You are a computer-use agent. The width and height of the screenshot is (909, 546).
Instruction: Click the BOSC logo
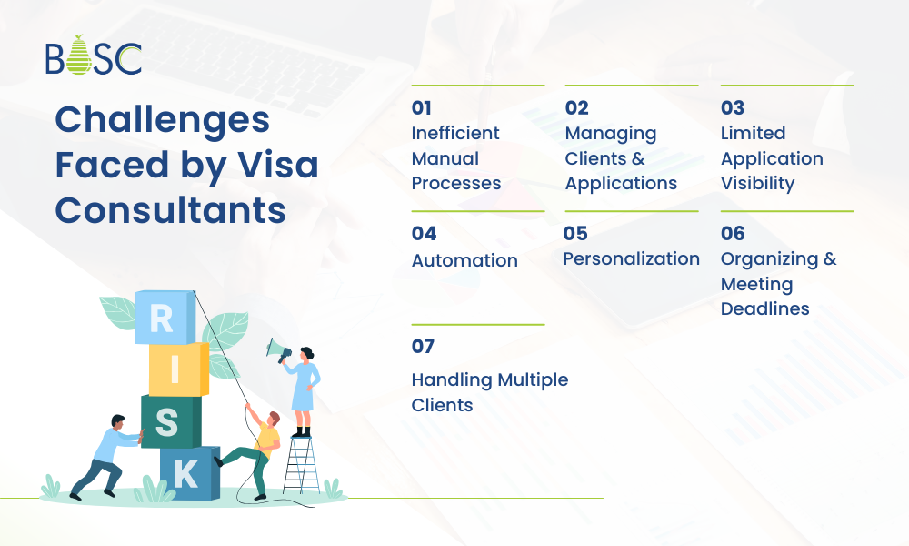[x=94, y=56]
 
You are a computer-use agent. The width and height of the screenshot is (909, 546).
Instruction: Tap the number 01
[x=421, y=107]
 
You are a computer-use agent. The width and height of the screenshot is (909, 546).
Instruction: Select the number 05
[x=575, y=234]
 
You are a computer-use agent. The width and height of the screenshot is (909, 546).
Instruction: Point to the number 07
[x=423, y=347]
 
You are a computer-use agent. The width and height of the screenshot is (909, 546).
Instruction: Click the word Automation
[x=464, y=260]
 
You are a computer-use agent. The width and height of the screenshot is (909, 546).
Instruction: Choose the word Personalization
[x=631, y=259]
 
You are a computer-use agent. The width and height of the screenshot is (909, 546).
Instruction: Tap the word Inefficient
[x=455, y=133]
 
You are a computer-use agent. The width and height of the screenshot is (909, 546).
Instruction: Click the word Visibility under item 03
[x=757, y=183]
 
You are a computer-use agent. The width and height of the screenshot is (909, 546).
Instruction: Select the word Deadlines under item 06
[x=764, y=308]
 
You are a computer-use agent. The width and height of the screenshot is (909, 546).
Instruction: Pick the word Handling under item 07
[x=451, y=379]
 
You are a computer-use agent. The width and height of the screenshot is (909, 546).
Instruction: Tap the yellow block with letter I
[x=177, y=369]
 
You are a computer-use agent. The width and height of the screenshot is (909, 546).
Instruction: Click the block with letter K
[x=188, y=473]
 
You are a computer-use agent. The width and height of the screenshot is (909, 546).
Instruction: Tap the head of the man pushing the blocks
[x=117, y=421]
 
